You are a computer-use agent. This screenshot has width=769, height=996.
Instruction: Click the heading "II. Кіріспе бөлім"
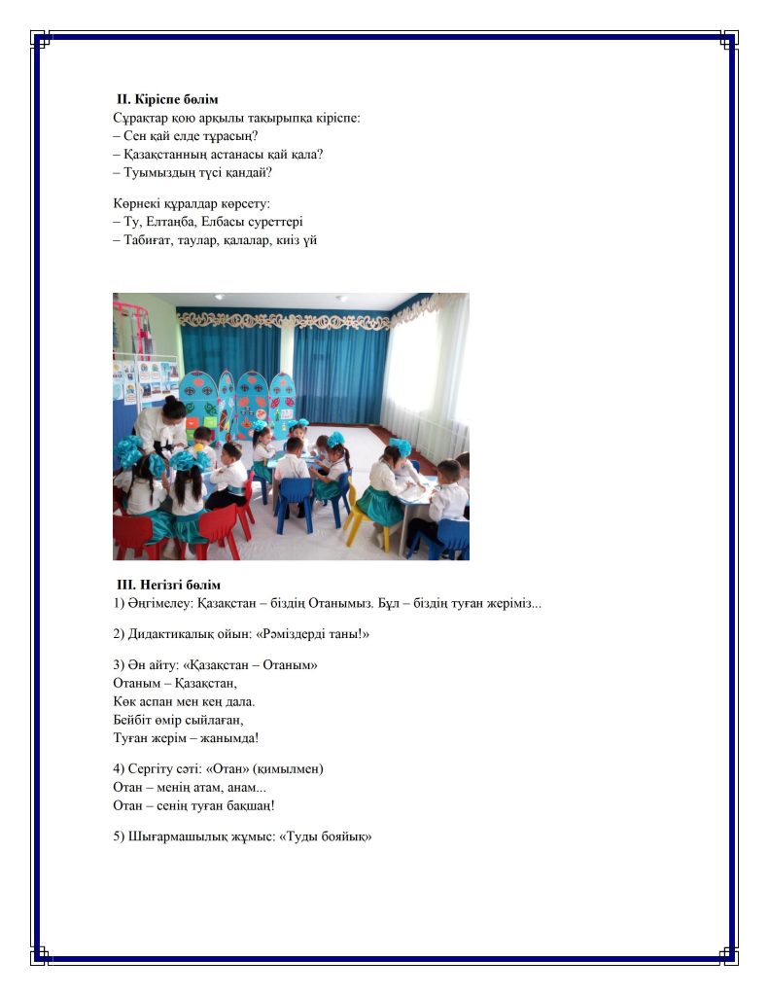tap(167, 99)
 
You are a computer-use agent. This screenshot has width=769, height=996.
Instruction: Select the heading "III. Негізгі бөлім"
tap(168, 585)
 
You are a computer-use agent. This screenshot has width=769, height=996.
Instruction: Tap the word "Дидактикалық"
tap(173, 634)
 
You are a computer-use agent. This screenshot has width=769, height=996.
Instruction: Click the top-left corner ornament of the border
tap(41, 39)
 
